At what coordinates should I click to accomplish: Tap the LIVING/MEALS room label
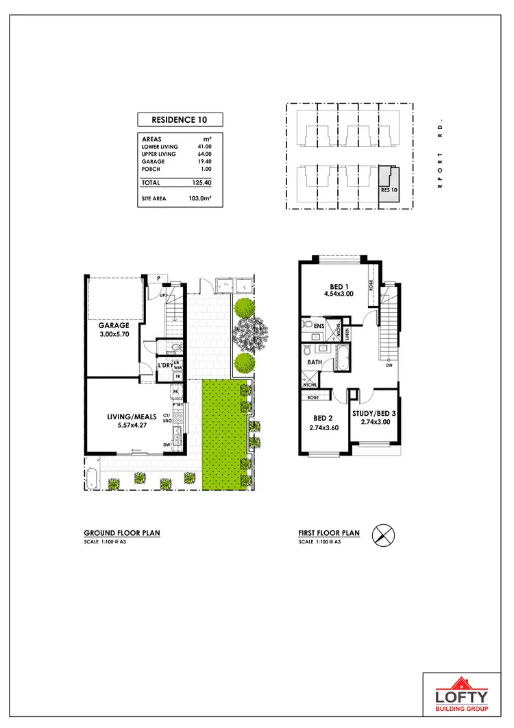point(132,416)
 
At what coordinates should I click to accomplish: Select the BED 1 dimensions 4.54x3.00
point(339,294)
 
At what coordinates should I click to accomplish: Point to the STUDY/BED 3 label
point(375,413)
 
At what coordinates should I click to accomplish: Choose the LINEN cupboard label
point(347,332)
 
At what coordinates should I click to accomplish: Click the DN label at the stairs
point(388,365)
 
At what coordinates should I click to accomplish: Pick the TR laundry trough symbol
point(178,376)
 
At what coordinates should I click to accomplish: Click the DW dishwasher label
point(167,445)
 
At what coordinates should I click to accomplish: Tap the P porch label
point(158,278)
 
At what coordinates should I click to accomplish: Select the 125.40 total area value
point(201,183)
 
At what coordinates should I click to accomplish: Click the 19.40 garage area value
point(204,161)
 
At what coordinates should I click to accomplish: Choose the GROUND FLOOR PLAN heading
point(122,532)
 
